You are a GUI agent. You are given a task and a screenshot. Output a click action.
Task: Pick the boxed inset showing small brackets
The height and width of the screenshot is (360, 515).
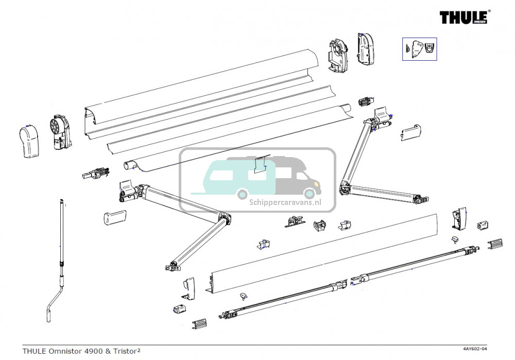pos(419,49)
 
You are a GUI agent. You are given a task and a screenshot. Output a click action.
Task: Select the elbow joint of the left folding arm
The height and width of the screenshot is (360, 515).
pos(224,219)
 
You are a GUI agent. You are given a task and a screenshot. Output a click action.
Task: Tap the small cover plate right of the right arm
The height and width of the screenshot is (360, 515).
pos(413,132)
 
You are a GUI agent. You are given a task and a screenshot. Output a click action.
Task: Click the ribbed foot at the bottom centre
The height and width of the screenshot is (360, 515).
pos(199,324)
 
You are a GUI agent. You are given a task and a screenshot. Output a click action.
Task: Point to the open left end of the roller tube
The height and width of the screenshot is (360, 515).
pos(129,166)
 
